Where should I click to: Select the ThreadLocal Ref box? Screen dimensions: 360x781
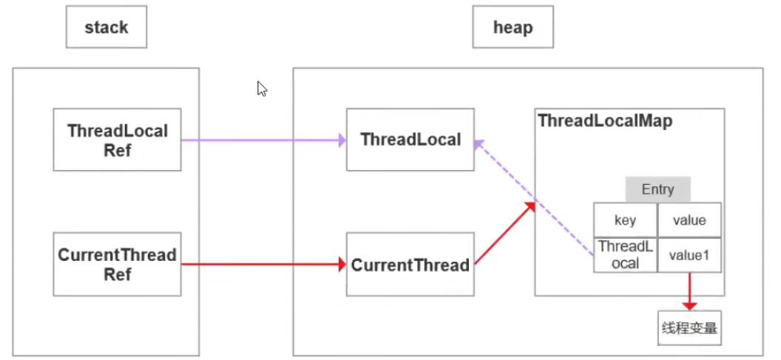click(117, 140)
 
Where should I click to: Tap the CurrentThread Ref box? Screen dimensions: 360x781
click(117, 264)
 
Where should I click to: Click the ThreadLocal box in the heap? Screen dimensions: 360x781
click(410, 140)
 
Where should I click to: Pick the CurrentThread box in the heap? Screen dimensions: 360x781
click(410, 265)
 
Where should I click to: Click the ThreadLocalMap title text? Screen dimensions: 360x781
click(605, 121)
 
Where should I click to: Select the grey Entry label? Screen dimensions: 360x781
click(657, 189)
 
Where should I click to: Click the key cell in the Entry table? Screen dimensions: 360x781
click(625, 220)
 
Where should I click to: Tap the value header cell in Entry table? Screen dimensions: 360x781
click(689, 220)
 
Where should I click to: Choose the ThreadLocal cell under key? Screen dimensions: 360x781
click(625, 254)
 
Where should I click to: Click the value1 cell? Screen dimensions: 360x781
click(689, 254)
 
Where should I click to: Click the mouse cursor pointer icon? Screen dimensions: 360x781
click(262, 89)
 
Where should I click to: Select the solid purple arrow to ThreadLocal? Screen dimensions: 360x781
click(263, 140)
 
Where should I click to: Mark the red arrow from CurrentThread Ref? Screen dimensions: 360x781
click(263, 264)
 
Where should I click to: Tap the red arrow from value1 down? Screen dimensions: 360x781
click(689, 291)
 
